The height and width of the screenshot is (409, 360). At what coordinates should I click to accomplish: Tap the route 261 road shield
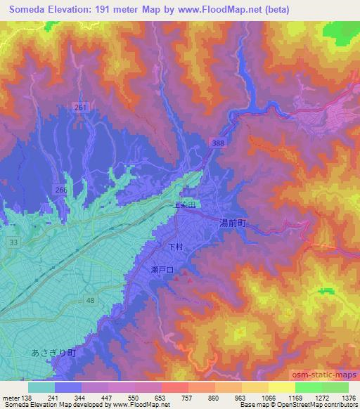[x=82, y=107]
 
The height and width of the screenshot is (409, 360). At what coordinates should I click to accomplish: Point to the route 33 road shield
[x=13, y=241]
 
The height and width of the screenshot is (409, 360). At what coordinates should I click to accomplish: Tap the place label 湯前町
[x=231, y=222]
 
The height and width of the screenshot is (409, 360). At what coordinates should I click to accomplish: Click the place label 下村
[x=175, y=247]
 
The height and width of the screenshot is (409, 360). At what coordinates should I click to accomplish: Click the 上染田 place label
[x=187, y=205]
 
